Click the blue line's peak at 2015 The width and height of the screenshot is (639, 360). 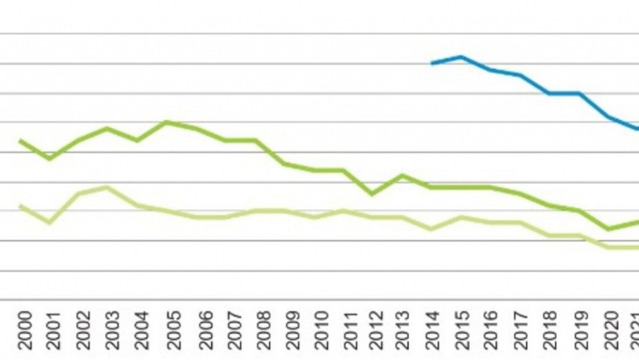point(461,57)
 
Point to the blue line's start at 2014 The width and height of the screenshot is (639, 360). point(432,63)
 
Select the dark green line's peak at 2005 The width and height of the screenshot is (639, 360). point(166,122)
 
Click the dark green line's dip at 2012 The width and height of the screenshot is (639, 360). point(372,194)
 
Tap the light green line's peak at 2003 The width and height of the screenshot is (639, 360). point(107,187)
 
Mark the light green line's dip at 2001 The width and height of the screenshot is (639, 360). point(49,222)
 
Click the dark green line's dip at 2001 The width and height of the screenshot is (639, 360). point(49,159)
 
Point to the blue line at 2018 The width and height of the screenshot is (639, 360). point(550,93)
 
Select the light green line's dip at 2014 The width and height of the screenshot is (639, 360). point(432,229)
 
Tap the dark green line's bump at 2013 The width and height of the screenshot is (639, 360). point(402,175)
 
